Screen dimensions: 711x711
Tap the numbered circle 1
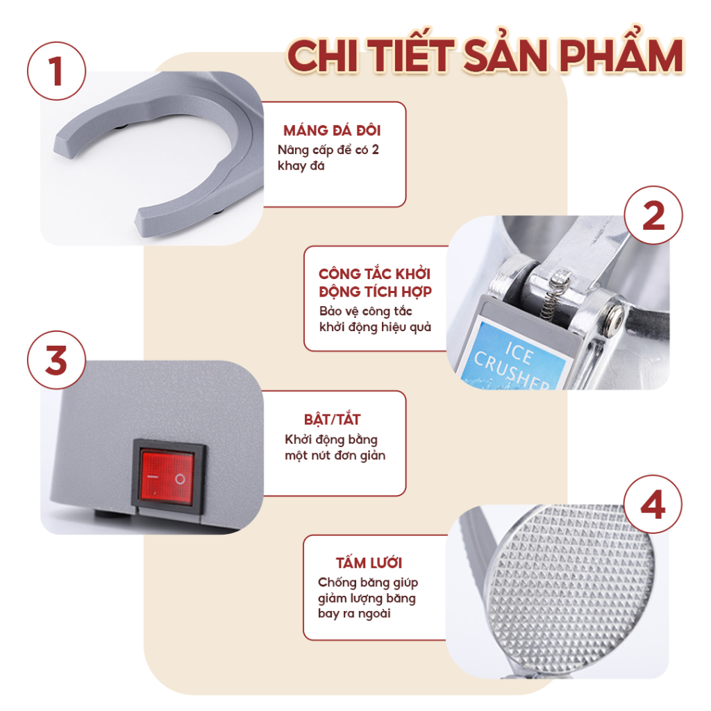click(x=56, y=72)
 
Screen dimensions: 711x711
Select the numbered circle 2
click(x=653, y=215)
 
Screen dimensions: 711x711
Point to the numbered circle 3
click(x=56, y=360)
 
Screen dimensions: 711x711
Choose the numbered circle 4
click(x=653, y=504)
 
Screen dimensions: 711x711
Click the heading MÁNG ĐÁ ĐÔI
click(x=332, y=130)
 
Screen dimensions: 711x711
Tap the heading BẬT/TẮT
click(x=332, y=419)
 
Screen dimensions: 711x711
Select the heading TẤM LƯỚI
click(x=369, y=562)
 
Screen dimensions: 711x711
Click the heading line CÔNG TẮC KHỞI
click(x=374, y=274)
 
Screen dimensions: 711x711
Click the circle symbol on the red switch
click(x=180, y=479)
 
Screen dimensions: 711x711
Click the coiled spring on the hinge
click(x=554, y=294)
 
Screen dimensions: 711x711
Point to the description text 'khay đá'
click(x=301, y=166)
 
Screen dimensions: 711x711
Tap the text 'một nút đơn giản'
click(x=335, y=455)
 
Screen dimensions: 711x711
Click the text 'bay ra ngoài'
click(x=354, y=614)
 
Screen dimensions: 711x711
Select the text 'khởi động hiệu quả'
click(x=375, y=327)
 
